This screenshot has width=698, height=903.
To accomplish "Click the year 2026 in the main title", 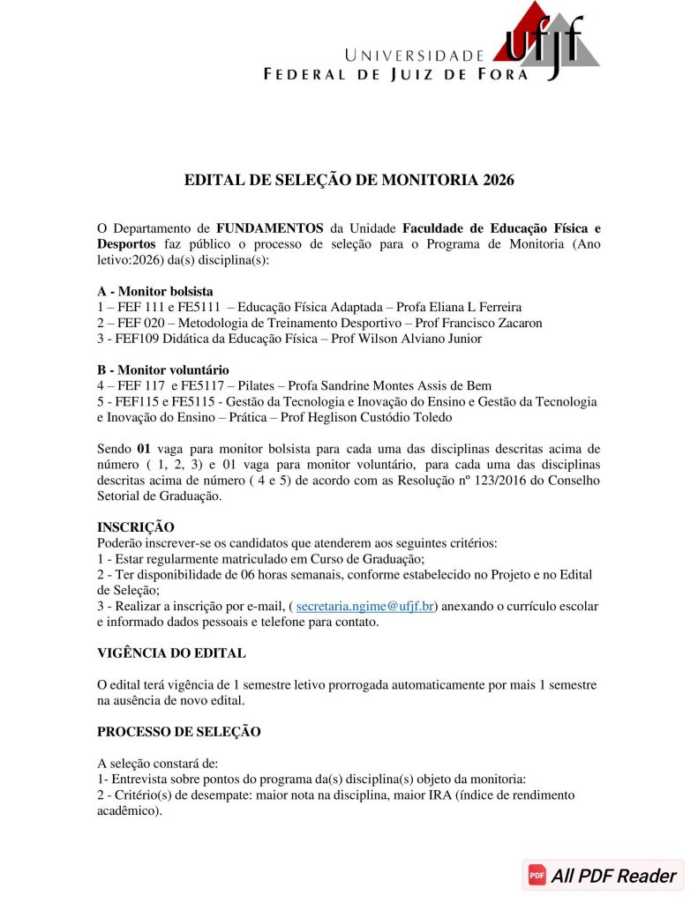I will point(498,180).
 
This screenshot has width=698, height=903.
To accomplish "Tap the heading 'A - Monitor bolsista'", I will point(155,291).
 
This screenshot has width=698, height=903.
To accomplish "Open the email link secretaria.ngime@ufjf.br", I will point(365,607).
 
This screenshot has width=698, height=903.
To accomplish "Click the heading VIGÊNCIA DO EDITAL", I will point(171,653).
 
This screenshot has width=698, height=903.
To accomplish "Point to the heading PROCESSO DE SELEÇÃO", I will point(179,732).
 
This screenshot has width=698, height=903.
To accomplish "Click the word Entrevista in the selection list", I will point(139,780).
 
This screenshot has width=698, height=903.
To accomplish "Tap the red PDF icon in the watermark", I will point(537,876).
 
